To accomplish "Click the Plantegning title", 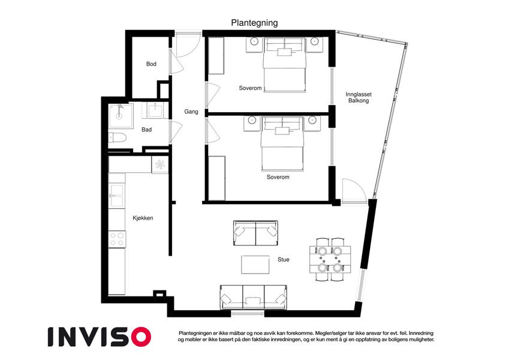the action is [x=254, y=23].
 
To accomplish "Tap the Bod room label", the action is [x=151, y=64].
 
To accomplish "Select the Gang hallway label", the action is [x=191, y=112].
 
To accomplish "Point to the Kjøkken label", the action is [x=143, y=218].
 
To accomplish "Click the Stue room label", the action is [x=284, y=260].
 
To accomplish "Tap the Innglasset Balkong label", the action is [x=359, y=97].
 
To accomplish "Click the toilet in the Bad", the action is [x=117, y=138].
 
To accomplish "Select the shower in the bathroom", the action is [x=121, y=116].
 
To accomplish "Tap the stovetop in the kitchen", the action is [x=117, y=239].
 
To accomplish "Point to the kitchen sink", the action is [x=116, y=196].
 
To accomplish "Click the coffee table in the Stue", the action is [x=255, y=265].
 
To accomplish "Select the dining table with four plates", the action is [x=330, y=260].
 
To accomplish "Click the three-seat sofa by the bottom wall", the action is [x=254, y=298].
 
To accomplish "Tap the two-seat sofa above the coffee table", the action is [x=256, y=233].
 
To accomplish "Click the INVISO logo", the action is [x=100, y=337].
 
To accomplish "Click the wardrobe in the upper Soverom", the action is [x=216, y=56].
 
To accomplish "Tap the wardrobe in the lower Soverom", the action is [x=216, y=178].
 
